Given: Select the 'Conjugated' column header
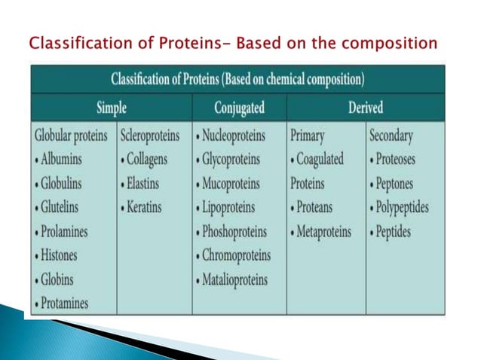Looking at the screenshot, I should click(x=239, y=108).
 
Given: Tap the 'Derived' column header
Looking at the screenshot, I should click(x=365, y=108).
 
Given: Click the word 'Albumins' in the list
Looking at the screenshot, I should click(x=64, y=160).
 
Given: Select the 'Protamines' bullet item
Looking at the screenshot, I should click(x=64, y=304).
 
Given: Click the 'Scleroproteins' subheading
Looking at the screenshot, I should click(x=151, y=136).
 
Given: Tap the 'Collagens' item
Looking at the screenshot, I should click(x=148, y=160).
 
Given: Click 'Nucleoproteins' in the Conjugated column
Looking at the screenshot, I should click(x=240, y=136).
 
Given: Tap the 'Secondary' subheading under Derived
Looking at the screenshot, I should click(x=393, y=136).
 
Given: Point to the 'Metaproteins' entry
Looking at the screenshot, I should click(x=323, y=232).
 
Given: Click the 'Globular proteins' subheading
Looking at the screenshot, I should click(x=75, y=136).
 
